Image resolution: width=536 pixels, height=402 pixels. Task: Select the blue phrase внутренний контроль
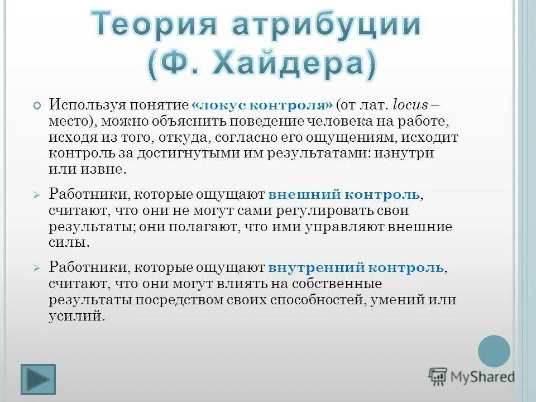[x=356, y=267]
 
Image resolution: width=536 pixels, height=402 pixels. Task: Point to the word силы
[x=69, y=244]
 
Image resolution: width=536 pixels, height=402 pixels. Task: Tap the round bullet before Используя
[x=37, y=106]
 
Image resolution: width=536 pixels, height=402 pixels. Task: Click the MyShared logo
[x=472, y=376]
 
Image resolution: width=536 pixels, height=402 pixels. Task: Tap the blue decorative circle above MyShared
[x=494, y=351]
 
